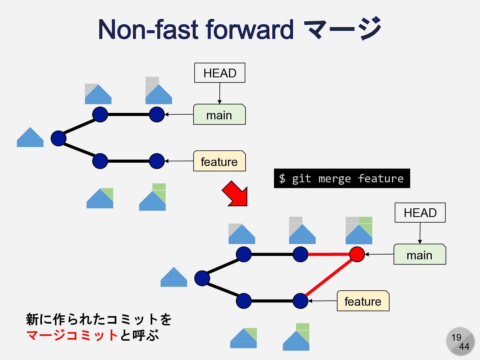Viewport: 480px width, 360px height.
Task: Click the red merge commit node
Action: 357,254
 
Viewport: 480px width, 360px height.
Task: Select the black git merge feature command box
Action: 342,179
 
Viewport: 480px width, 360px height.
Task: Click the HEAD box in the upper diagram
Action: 220,73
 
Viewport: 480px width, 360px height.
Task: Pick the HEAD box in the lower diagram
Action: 420,213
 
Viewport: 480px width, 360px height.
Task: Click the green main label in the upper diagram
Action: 219,115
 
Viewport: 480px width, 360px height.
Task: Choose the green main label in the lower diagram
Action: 420,255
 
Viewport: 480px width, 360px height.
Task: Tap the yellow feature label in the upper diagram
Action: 219,161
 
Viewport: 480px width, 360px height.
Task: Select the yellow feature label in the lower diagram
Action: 363,301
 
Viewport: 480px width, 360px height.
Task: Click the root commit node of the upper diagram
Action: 58,138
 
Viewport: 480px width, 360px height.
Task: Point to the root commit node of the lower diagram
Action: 202,278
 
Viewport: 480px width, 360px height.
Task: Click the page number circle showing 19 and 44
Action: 460,342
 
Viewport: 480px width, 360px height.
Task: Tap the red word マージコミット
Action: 72,335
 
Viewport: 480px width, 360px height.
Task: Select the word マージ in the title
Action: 343,29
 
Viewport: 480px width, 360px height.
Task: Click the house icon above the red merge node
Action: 359,231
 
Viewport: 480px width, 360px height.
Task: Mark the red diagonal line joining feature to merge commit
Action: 328,277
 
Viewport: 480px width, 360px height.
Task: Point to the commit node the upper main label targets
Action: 157,115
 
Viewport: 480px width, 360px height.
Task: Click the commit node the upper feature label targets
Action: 157,161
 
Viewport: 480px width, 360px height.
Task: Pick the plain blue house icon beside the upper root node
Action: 30,137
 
